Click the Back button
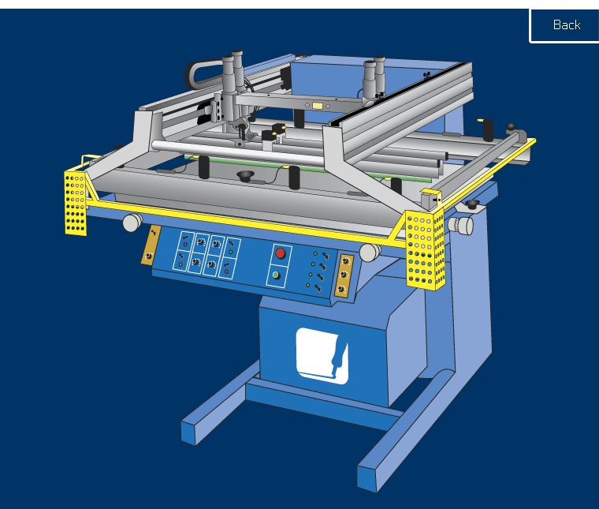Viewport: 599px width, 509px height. tap(564, 25)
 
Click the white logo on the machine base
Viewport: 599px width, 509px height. tap(322, 356)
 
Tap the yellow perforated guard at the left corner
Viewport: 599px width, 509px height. tap(75, 203)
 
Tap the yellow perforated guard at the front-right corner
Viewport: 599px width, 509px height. tap(425, 250)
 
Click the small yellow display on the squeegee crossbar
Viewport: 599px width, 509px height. tap(318, 106)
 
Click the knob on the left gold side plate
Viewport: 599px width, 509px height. tap(148, 256)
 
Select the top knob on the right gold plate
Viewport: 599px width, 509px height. tap(346, 261)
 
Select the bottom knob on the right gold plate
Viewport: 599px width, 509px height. tap(340, 289)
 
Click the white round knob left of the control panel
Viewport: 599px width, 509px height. tap(132, 223)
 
